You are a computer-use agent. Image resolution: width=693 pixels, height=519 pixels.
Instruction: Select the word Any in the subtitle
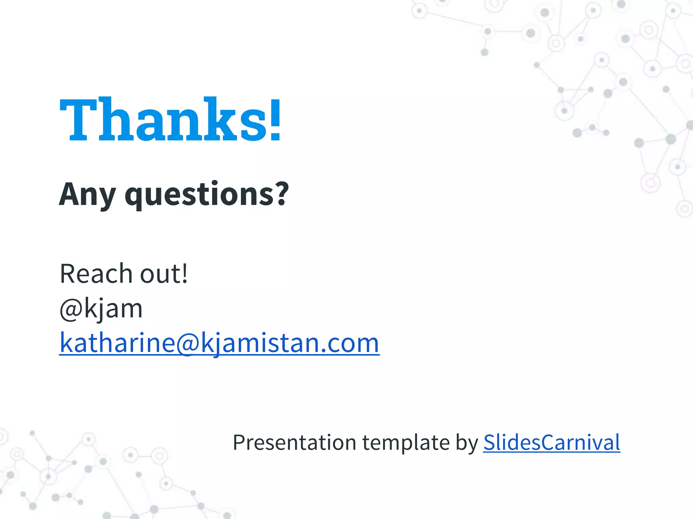pyautogui.click(x=87, y=194)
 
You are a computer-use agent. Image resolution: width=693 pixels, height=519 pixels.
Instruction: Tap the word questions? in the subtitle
pyautogui.click(x=207, y=194)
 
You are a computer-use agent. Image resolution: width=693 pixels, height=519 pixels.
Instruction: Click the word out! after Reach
pyautogui.click(x=164, y=273)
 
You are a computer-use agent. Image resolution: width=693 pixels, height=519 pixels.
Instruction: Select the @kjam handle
pyautogui.click(x=101, y=308)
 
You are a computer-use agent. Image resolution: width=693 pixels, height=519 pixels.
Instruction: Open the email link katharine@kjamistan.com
pyautogui.click(x=219, y=343)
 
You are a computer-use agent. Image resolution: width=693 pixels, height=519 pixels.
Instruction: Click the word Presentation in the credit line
pyautogui.click(x=294, y=442)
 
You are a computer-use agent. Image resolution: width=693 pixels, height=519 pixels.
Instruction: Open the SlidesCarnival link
pyautogui.click(x=552, y=442)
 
